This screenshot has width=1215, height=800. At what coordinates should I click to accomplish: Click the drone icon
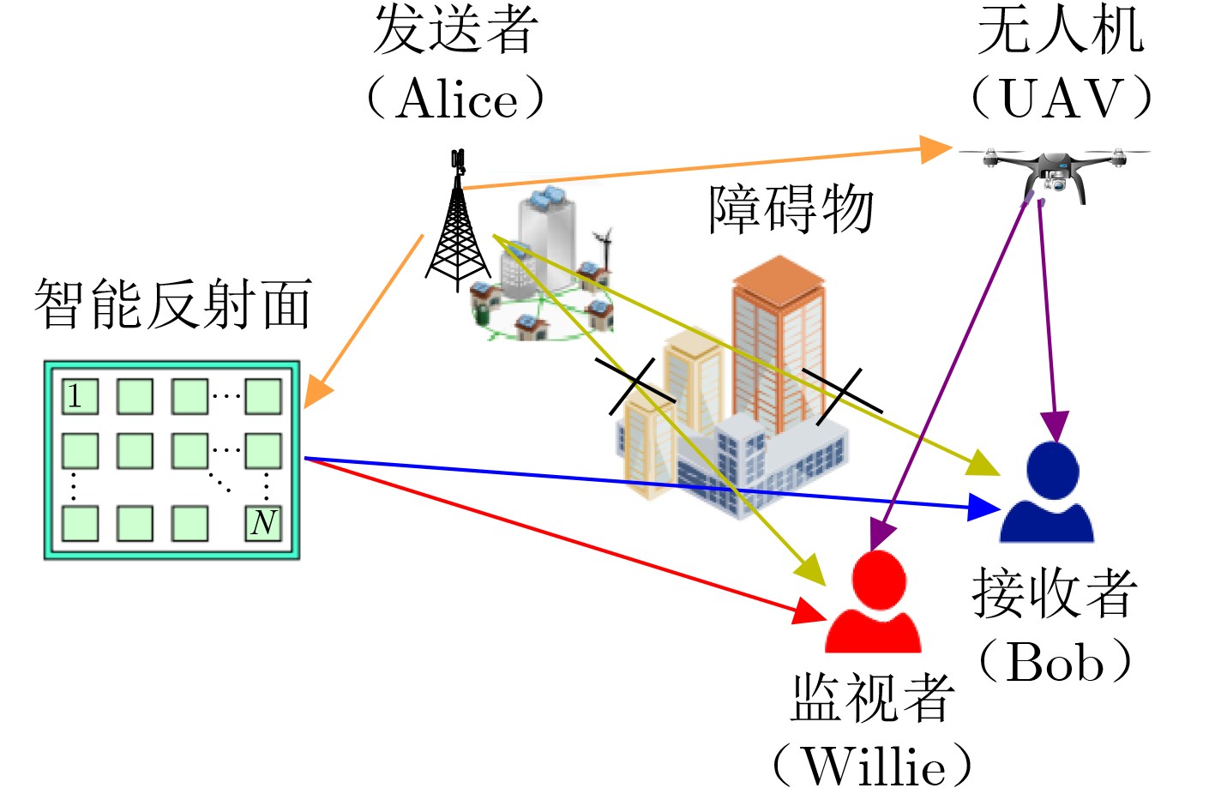tap(1056, 172)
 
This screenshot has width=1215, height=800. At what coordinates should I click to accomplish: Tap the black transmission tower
tap(457, 232)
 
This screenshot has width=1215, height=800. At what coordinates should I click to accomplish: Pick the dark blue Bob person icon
tap(1049, 493)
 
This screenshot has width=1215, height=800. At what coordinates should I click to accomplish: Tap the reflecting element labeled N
tap(264, 522)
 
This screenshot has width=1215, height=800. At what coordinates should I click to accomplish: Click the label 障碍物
tap(790, 209)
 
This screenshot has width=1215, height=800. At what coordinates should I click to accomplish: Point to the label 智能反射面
tap(172, 304)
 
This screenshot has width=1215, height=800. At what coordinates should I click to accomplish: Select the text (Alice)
tap(455, 99)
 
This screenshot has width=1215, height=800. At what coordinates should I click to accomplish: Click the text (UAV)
tap(1061, 99)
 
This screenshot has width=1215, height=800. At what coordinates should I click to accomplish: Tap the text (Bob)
tap(1056, 662)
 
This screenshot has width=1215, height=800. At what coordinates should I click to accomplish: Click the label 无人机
tap(1061, 31)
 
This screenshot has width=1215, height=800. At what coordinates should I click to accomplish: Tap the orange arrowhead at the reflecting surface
tap(316, 392)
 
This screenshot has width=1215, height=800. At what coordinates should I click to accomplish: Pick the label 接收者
tap(1055, 593)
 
